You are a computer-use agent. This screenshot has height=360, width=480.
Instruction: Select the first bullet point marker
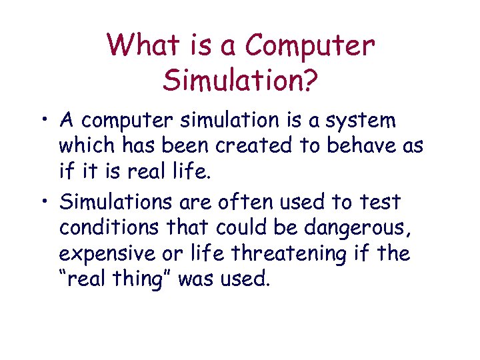(49, 121)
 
